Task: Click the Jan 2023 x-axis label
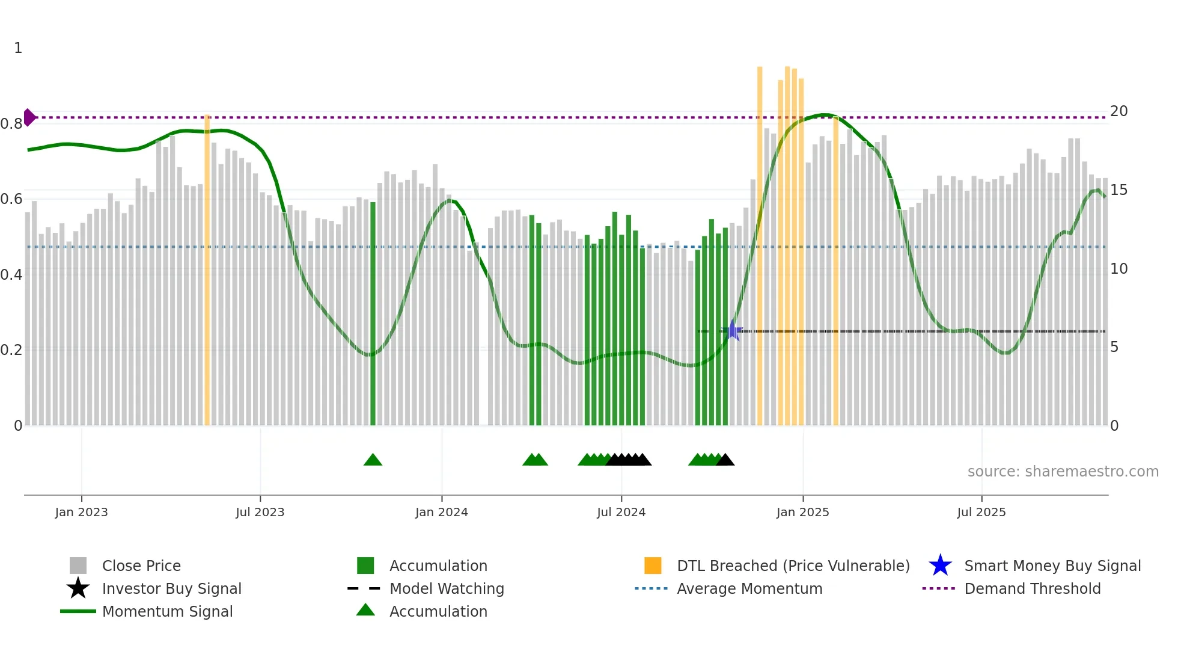(x=81, y=512)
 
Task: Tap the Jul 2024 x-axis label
(x=621, y=512)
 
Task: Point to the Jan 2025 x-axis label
(x=802, y=512)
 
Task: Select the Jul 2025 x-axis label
(x=981, y=512)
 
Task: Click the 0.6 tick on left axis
(x=11, y=199)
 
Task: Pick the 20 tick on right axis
(x=1118, y=111)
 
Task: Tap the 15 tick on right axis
(x=1118, y=190)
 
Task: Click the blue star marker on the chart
(x=733, y=330)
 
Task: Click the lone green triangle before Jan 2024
(x=373, y=460)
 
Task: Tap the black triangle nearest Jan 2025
(x=725, y=460)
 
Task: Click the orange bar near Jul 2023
(x=207, y=271)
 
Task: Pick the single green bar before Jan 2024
(x=373, y=313)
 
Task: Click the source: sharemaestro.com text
(x=1063, y=472)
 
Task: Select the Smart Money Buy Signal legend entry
(x=1052, y=566)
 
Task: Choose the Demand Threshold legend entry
(x=1032, y=588)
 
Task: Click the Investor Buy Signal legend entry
(x=171, y=588)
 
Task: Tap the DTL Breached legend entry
(x=793, y=566)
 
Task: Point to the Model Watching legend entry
(x=446, y=588)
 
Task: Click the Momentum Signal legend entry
(x=167, y=611)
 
